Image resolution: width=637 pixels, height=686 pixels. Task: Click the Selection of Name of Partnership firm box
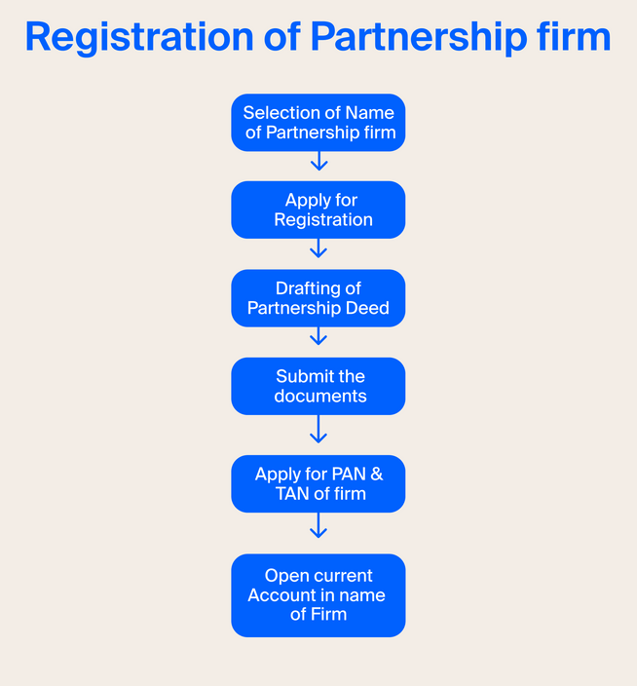point(318,123)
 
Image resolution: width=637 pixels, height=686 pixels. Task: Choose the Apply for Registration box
point(318,210)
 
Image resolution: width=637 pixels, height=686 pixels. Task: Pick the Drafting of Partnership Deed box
point(318,298)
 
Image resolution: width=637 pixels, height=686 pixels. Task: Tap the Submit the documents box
point(318,386)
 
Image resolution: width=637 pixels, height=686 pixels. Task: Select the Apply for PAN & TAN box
point(318,483)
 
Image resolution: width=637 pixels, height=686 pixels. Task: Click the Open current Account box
point(318,595)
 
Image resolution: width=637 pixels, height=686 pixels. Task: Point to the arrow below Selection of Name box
point(318,161)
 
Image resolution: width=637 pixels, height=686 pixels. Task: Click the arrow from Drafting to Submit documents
point(318,337)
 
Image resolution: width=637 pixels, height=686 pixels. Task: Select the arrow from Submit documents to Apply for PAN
point(318,430)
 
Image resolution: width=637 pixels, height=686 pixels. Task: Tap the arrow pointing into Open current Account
point(318,527)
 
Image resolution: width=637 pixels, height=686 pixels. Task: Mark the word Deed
point(368,309)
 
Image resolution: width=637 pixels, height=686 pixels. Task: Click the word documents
point(320,397)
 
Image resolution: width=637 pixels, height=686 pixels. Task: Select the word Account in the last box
point(281,595)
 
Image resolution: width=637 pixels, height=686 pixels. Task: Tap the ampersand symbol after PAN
point(376,475)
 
